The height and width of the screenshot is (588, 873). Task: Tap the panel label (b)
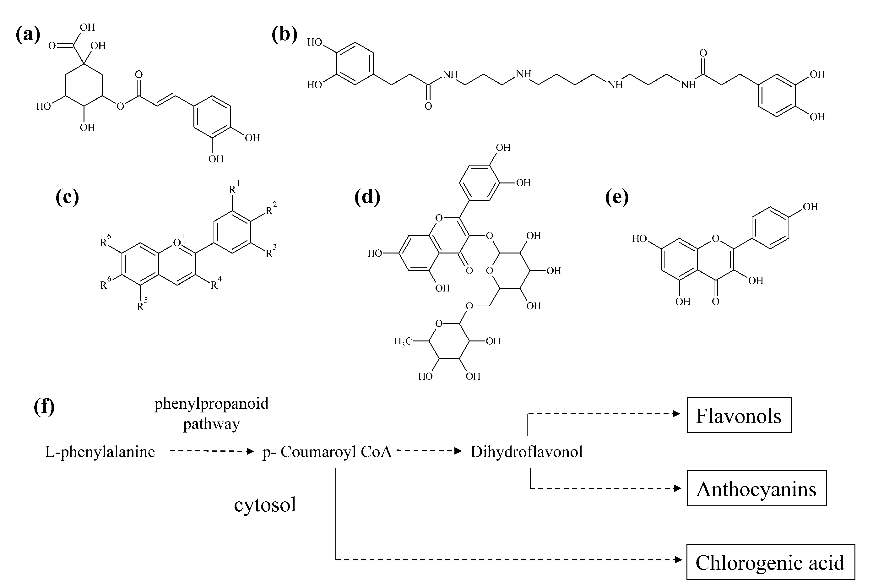[285, 35]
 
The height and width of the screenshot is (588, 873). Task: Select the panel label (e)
[617, 197]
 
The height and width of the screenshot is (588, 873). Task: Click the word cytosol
[265, 505]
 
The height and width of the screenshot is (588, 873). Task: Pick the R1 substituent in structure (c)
[234, 188]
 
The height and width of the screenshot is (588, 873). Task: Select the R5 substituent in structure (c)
[142, 305]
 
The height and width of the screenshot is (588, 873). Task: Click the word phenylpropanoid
[211, 404]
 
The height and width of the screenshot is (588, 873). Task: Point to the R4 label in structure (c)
[215, 284]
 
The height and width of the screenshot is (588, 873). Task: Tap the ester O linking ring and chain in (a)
[120, 106]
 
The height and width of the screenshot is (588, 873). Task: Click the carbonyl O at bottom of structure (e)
[716, 302]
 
